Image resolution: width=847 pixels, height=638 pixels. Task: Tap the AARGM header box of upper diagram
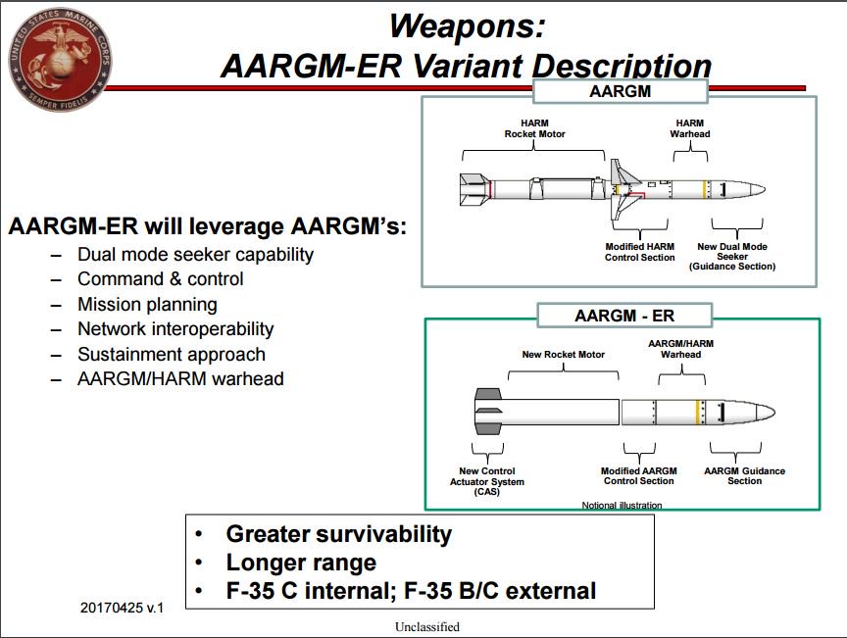pos(620,91)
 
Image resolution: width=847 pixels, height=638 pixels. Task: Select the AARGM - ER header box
pos(624,316)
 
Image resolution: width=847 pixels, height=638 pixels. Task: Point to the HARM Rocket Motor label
pos(534,128)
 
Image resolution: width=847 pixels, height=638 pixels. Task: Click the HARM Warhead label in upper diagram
pos(689,128)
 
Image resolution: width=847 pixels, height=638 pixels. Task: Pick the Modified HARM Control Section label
pos(639,252)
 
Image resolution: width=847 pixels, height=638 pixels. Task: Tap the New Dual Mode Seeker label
pos(731,256)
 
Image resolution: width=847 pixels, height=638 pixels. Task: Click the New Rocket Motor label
pos(563,354)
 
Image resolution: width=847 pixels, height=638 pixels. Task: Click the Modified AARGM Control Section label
pos(637,476)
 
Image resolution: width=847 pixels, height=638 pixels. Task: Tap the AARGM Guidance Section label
pos(744,476)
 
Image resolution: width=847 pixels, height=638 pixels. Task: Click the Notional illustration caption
pos(622,506)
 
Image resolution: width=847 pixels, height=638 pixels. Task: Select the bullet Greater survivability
pos(338,534)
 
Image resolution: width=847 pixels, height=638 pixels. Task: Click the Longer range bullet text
pos(301,563)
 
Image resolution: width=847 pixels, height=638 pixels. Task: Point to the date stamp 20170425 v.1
pos(122,608)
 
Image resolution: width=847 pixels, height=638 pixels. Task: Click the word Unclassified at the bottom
pos(426,626)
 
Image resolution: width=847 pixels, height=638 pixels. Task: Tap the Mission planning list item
pos(147,304)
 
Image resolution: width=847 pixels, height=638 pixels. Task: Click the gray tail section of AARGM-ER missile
pos(487,412)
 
